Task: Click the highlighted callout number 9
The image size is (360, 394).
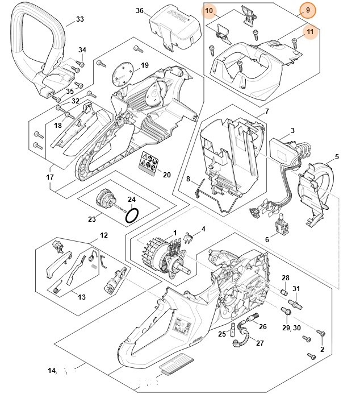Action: click(x=308, y=10)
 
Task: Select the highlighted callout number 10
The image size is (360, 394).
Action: click(x=209, y=11)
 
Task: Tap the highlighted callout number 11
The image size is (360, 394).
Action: click(x=310, y=32)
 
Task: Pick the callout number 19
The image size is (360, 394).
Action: click(x=144, y=65)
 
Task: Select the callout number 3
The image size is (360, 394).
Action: click(x=292, y=131)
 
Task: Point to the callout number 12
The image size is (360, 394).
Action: click(x=104, y=235)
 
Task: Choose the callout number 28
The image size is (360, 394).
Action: click(x=286, y=277)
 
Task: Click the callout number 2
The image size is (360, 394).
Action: click(x=323, y=349)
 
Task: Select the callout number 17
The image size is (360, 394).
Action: click(x=50, y=177)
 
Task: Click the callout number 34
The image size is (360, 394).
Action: click(x=82, y=50)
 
